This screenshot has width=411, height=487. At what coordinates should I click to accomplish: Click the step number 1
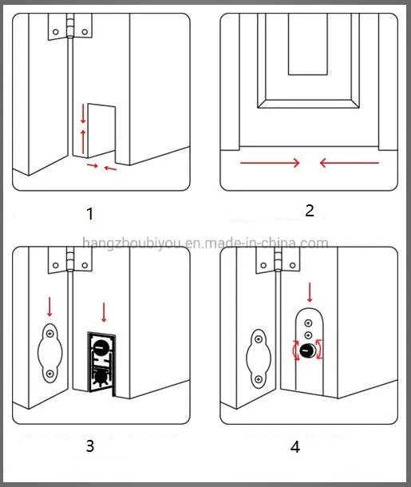tap(89, 214)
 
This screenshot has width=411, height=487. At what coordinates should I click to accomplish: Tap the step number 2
tap(310, 211)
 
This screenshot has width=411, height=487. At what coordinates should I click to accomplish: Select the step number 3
tap(89, 445)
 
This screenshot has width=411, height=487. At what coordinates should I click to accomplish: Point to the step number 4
tap(295, 447)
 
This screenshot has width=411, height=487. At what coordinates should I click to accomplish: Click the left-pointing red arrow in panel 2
tap(348, 163)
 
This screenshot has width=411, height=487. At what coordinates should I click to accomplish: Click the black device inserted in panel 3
tap(103, 363)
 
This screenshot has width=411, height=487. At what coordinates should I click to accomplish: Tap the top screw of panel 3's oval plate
tap(49, 334)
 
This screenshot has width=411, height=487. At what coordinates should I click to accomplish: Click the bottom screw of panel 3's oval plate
tap(49, 373)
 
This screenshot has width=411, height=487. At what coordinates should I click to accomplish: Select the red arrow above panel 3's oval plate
tap(49, 306)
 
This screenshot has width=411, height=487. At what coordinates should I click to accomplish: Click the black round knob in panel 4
tap(307, 352)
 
